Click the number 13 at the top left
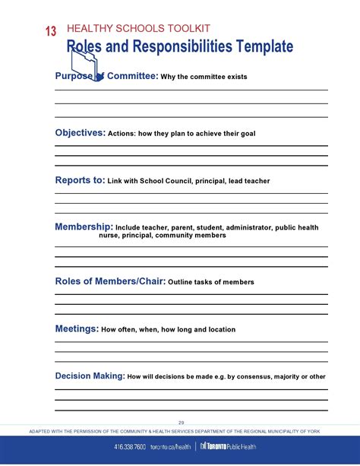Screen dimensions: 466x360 50,31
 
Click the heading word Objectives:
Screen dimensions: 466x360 80,133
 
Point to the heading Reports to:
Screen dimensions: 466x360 80,180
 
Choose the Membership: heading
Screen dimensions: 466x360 84,227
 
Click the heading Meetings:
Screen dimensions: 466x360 77,329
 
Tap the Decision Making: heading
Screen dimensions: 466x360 90,376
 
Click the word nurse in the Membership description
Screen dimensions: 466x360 109,236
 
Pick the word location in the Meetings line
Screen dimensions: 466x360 220,330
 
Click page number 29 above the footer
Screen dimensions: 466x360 182,422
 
